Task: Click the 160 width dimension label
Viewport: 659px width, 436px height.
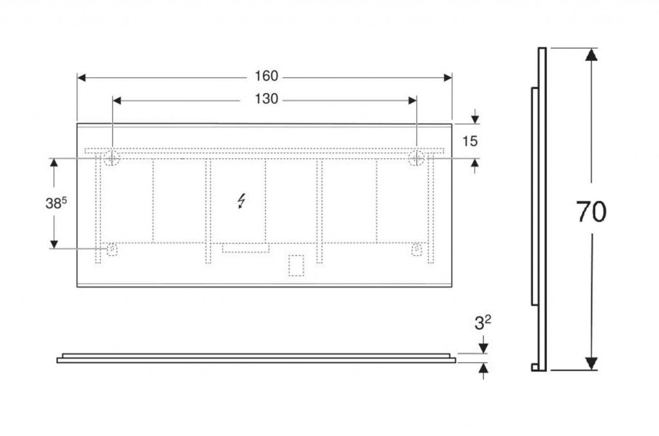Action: pyautogui.click(x=266, y=76)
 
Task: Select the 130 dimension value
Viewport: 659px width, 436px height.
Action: pyautogui.click(x=266, y=99)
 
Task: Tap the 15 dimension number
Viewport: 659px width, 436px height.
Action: pyautogui.click(x=470, y=141)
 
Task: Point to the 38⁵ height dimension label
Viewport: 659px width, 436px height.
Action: pyautogui.click(x=56, y=203)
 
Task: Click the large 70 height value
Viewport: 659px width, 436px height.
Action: pyautogui.click(x=591, y=212)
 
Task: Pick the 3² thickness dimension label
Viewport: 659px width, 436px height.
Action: pyautogui.click(x=483, y=323)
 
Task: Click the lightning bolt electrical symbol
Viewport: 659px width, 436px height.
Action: pyautogui.click(x=241, y=201)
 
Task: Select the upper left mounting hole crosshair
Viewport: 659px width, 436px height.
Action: pyautogui.click(x=112, y=158)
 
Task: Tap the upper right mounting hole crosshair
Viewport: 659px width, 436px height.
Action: pyautogui.click(x=416, y=158)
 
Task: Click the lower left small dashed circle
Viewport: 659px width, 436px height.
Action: pyautogui.click(x=112, y=249)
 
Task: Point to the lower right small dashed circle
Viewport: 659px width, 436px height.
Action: pyautogui.click(x=416, y=249)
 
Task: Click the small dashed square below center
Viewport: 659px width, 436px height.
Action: pyautogui.click(x=296, y=266)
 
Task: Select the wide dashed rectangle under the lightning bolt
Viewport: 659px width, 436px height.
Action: pyautogui.click(x=246, y=248)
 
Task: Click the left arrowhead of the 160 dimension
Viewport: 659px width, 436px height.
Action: pyautogui.click(x=82, y=78)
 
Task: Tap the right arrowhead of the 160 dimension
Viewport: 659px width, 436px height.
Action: pyautogui.click(x=448, y=78)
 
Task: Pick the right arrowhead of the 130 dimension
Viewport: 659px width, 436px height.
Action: pyautogui.click(x=413, y=100)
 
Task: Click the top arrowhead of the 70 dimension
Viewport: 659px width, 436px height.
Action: pyautogui.click(x=591, y=55)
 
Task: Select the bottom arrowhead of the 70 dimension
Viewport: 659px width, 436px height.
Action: pyautogui.click(x=591, y=363)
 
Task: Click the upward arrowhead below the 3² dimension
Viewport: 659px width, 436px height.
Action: pyautogui.click(x=483, y=368)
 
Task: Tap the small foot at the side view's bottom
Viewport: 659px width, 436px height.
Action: pyautogui.click(x=535, y=368)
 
